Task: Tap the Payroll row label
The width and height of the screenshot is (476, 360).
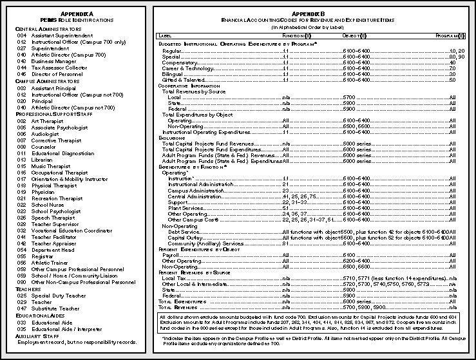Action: pos(172,256)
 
